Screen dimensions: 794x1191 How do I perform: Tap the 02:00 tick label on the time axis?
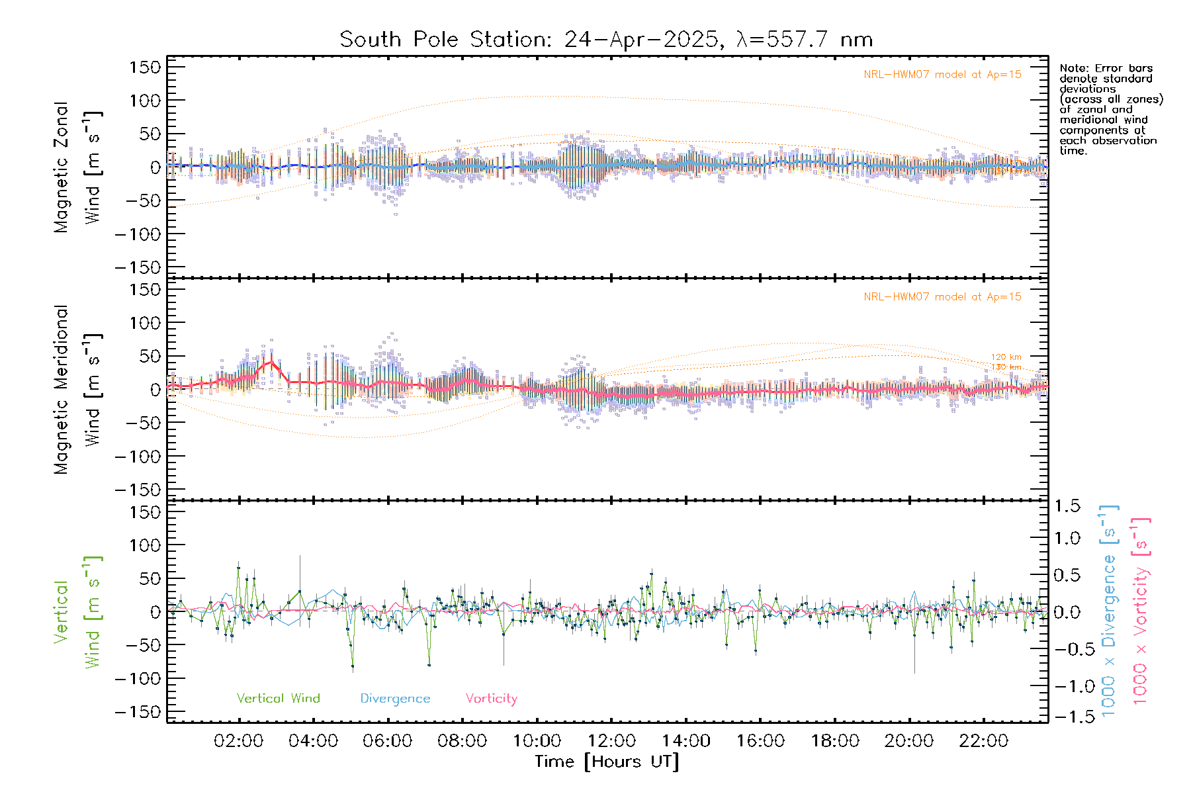pos(238,741)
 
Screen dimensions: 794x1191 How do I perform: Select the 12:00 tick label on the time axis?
pos(611,741)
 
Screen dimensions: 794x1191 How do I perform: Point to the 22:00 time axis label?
pos(983,741)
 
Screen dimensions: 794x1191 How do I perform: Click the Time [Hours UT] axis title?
pos(607,762)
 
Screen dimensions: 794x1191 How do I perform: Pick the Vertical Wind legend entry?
pos(278,698)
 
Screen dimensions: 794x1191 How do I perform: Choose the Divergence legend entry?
pos(395,698)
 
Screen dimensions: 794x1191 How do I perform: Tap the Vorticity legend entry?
pos(491,698)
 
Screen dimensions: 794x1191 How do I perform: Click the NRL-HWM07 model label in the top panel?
pos(942,75)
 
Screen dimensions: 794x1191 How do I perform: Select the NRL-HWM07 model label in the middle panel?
pos(942,297)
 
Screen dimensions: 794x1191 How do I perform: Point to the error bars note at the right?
pos(1110,109)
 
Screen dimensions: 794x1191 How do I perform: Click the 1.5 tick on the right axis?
pos(1067,506)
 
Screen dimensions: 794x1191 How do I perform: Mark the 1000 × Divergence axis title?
pos(1109,610)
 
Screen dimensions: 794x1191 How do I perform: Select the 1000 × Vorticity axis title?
pos(1140,610)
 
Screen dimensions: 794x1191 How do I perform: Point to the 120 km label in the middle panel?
pos(1006,357)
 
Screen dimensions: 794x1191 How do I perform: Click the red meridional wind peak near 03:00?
pos(271,362)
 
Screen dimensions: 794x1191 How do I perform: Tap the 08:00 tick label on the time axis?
pos(462,741)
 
